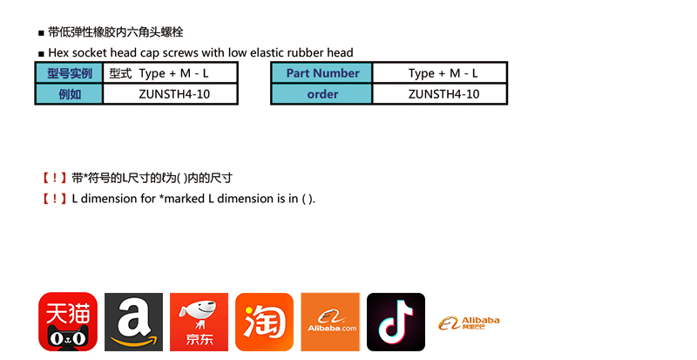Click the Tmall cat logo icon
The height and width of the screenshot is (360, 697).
click(68, 322)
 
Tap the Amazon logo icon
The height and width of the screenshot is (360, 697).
click(134, 322)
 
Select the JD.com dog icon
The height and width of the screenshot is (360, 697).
click(200, 322)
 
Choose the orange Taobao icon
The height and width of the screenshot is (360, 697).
click(265, 322)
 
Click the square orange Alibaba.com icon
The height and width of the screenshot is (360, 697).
click(330, 322)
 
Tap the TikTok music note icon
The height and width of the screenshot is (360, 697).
click(396, 322)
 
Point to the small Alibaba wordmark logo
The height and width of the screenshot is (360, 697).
click(469, 323)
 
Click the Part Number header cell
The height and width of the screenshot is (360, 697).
click(321, 73)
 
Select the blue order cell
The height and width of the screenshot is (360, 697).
click(321, 94)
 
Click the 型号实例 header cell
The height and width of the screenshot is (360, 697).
click(70, 73)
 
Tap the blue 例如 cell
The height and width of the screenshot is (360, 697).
click(70, 94)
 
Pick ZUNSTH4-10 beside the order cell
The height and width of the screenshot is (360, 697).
click(443, 94)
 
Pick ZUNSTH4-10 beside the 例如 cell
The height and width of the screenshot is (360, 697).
click(174, 94)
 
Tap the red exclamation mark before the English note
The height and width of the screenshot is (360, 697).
click(54, 199)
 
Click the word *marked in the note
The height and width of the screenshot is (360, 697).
click(182, 199)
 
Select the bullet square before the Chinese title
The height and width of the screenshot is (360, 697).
click(41, 33)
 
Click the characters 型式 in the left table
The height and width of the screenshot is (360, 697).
click(120, 73)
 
